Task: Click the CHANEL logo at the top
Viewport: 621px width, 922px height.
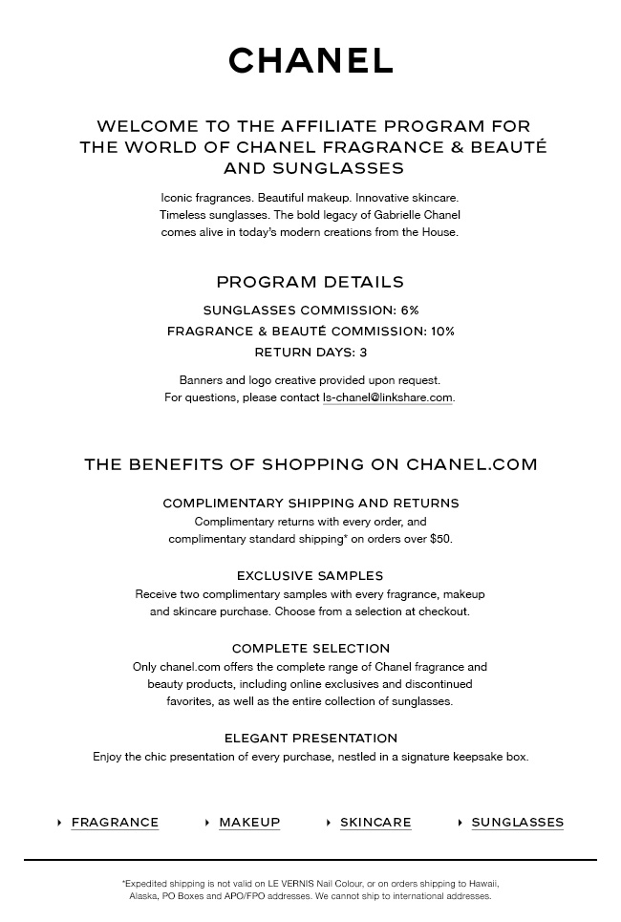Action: pos(310,61)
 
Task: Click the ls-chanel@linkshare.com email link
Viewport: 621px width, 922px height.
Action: pos(387,397)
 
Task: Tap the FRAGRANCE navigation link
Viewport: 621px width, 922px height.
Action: pos(115,823)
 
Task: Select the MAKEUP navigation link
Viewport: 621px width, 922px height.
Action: pos(249,823)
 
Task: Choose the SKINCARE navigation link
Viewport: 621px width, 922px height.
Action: pos(375,823)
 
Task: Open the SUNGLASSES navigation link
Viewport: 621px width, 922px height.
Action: pos(517,823)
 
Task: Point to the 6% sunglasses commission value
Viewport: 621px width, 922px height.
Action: pos(410,311)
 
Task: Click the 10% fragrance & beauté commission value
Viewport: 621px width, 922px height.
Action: pos(442,332)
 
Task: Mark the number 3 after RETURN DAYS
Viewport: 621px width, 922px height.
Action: pos(363,353)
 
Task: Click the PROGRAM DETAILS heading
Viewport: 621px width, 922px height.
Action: pos(310,282)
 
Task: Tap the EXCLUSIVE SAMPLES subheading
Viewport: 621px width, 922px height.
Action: pos(310,576)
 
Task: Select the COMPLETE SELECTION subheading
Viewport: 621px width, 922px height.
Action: pos(310,649)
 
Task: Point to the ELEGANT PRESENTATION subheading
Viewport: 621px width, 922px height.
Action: pos(310,739)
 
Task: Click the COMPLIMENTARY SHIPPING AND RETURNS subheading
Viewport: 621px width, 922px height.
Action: pos(310,504)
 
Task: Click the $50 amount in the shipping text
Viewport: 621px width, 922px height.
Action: pos(439,539)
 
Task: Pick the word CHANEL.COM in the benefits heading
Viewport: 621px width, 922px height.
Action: pos(472,464)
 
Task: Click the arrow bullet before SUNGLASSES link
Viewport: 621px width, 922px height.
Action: pos(460,823)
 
